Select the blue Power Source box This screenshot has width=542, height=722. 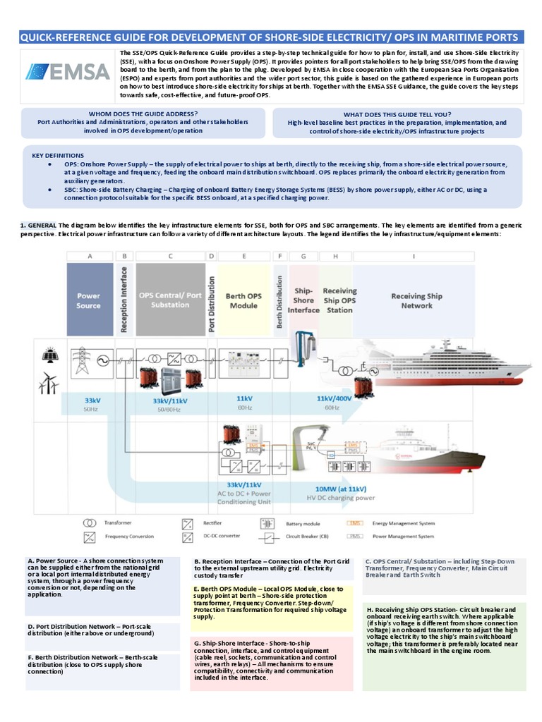point(89,300)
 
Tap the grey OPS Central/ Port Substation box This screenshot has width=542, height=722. point(169,300)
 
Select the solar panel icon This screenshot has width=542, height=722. point(49,356)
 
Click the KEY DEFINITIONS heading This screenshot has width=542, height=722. point(58,155)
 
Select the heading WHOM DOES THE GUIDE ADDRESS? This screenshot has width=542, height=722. point(143,114)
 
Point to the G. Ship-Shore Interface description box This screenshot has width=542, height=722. point(272,662)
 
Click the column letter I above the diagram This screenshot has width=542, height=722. point(413,257)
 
